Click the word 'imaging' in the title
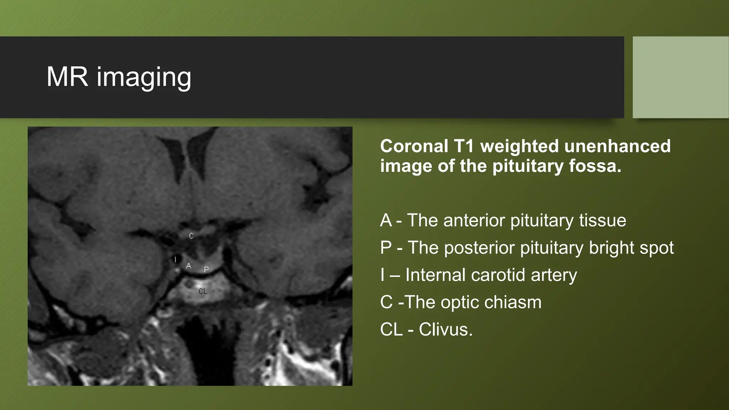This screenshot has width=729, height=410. (144, 78)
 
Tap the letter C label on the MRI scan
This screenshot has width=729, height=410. (192, 236)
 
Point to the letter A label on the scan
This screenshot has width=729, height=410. (189, 266)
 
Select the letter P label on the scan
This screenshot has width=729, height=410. (206, 269)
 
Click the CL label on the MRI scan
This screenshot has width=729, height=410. (203, 291)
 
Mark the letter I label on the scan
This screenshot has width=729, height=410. (175, 259)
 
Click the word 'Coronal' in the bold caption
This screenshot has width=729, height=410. (414, 146)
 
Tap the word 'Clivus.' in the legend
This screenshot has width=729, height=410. (446, 330)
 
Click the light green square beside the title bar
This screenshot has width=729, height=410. (680, 77)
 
